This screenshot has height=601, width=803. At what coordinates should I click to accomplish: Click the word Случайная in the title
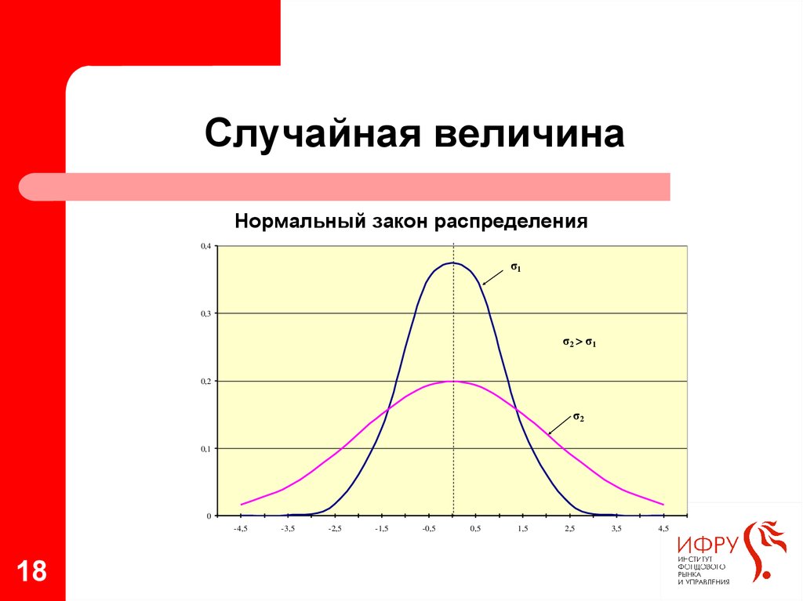click(x=312, y=134)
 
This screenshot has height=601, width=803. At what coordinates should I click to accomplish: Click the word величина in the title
click(x=529, y=134)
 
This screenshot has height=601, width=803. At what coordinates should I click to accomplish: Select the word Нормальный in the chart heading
click(x=300, y=222)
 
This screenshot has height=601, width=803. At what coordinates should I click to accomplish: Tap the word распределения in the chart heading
click(x=511, y=223)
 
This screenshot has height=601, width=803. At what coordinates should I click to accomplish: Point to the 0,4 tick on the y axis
click(x=206, y=246)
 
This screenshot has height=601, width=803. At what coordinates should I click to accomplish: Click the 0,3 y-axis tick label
click(x=206, y=313)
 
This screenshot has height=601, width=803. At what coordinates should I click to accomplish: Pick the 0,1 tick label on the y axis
click(x=206, y=449)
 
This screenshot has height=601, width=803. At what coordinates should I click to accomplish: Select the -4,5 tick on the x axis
click(x=241, y=529)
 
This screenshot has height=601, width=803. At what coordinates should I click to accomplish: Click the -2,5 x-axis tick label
click(x=334, y=529)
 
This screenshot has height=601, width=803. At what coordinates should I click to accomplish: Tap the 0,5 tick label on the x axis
click(x=476, y=529)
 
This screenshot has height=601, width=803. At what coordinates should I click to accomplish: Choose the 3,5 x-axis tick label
click(x=616, y=529)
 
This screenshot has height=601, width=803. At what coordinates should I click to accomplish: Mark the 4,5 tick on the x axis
click(x=663, y=529)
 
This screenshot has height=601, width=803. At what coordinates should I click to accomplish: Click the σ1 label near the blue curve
click(x=516, y=267)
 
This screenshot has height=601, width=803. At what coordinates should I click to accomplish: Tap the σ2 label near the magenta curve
click(x=579, y=417)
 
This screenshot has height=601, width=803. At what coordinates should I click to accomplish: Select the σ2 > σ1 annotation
click(x=580, y=342)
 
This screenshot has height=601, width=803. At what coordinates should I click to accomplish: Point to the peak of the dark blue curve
click(x=453, y=263)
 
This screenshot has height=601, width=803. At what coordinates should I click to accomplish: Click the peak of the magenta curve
click(x=453, y=382)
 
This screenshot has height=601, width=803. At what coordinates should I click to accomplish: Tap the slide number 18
click(x=31, y=571)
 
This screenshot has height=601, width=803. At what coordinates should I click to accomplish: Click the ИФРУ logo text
click(x=708, y=545)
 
